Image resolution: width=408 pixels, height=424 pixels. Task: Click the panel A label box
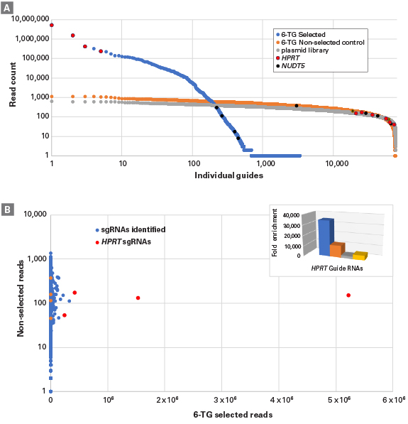click(x=8, y=7)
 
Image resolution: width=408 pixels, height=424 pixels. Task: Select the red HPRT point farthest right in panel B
click(x=348, y=295)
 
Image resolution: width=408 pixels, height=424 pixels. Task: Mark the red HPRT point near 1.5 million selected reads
click(x=138, y=298)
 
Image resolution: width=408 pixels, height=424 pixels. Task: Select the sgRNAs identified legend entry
click(x=131, y=231)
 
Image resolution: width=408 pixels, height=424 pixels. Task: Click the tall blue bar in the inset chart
click(x=324, y=236)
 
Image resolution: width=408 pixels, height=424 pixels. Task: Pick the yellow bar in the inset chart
click(x=361, y=255)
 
